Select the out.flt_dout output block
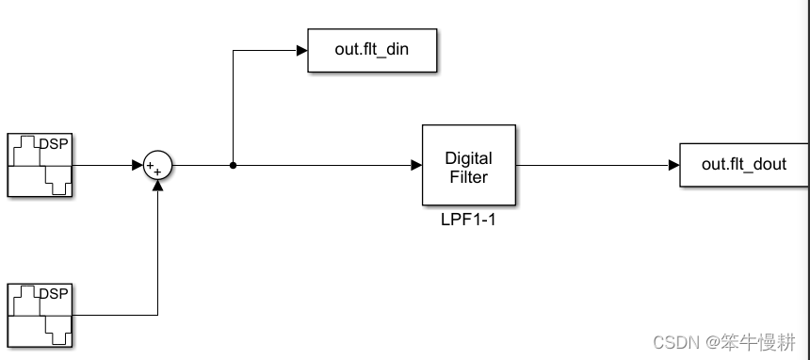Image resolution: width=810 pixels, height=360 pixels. click(x=744, y=165)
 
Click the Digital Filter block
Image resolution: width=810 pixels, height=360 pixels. click(x=468, y=165)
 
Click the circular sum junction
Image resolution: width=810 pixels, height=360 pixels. click(x=157, y=165)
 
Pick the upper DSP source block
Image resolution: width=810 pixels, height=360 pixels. click(x=40, y=165)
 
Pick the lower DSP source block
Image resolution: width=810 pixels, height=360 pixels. click(x=40, y=315)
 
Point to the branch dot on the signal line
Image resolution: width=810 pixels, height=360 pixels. click(x=233, y=165)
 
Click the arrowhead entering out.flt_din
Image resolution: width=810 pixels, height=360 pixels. click(x=301, y=51)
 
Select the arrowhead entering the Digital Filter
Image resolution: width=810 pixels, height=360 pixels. click(x=415, y=165)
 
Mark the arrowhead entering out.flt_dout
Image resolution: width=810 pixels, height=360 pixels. click(x=673, y=165)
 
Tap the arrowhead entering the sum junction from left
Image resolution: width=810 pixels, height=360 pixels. click(x=137, y=165)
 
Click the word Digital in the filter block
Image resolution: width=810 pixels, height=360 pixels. click(x=468, y=157)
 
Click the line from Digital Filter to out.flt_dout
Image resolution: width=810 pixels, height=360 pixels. click(x=593, y=165)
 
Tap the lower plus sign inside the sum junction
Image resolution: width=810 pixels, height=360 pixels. click(x=157, y=172)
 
